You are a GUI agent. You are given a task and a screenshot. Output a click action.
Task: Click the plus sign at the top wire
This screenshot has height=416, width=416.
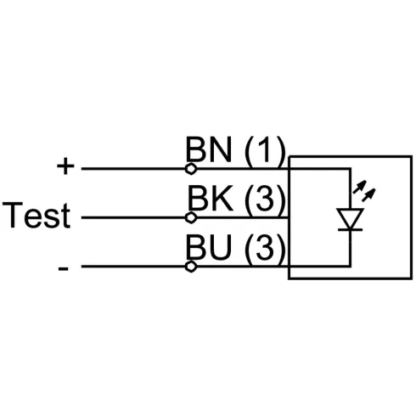click(x=65, y=166)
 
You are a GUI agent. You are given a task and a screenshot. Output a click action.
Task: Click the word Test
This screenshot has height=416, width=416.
click(x=37, y=215)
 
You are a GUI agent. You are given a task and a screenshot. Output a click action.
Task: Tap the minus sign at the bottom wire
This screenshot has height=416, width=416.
click(x=63, y=268)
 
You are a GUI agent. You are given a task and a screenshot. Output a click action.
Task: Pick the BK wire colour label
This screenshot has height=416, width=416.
click(x=210, y=198)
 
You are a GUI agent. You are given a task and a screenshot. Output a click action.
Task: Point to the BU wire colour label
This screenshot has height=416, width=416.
click(x=209, y=247)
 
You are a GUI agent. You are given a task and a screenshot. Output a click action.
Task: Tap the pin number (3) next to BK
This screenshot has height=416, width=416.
click(x=264, y=200)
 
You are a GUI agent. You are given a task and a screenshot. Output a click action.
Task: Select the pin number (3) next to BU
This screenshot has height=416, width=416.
click(x=264, y=249)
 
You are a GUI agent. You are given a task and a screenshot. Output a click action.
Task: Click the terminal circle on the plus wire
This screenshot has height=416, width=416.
click(x=191, y=169)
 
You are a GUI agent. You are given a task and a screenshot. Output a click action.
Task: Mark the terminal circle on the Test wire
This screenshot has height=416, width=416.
click(x=191, y=217)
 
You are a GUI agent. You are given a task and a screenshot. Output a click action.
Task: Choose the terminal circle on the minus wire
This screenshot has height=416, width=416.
click(x=191, y=267)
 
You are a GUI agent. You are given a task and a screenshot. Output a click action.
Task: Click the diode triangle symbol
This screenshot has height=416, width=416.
click(x=350, y=218)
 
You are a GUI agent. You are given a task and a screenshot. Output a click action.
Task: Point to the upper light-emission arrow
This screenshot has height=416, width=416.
click(x=358, y=187)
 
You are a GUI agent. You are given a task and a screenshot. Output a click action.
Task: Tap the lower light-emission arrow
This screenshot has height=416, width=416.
click(x=368, y=194)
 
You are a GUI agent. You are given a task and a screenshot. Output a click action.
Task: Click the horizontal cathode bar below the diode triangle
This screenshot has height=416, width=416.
click(x=350, y=229)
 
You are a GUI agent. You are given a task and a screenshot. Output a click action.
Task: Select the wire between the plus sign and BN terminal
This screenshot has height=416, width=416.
click(x=133, y=169)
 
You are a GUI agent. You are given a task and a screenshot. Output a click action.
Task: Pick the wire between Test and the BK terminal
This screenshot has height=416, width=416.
click(x=133, y=217)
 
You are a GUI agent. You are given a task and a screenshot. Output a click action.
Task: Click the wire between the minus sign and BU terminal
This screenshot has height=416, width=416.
click(x=133, y=267)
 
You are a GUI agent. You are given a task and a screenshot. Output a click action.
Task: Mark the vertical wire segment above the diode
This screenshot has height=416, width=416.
click(x=350, y=188)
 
